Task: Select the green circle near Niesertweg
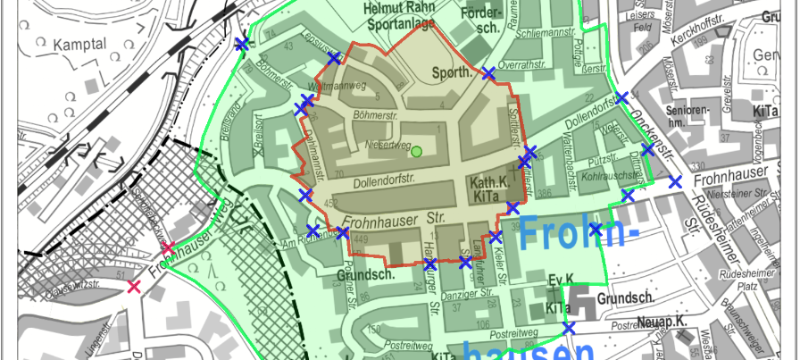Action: click(x=416, y=151)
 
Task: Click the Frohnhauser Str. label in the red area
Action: click(x=393, y=217)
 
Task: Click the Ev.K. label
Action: click(x=560, y=279)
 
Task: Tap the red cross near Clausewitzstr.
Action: click(x=134, y=287)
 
